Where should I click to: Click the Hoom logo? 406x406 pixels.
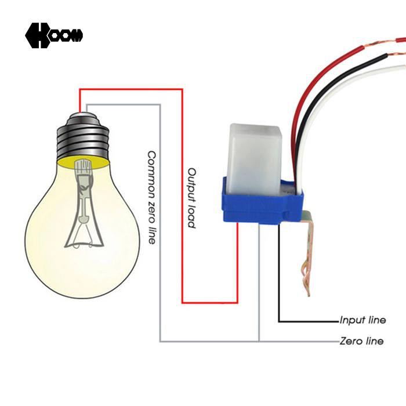(54, 35)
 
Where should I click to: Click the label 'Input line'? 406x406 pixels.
(362, 320)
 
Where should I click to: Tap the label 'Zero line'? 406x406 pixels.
(361, 341)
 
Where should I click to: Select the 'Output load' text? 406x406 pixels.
(191, 198)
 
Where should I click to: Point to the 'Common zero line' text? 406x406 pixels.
(152, 198)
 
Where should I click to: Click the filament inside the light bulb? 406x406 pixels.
(84, 205)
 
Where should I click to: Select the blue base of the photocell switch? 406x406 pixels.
(262, 205)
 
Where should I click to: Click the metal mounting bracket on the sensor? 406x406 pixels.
(307, 249)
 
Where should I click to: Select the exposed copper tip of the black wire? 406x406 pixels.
(397, 55)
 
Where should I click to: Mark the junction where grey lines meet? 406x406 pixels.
(259, 342)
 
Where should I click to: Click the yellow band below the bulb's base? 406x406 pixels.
(84, 163)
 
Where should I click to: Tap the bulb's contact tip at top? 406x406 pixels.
(83, 114)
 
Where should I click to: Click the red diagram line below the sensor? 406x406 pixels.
(237, 262)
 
